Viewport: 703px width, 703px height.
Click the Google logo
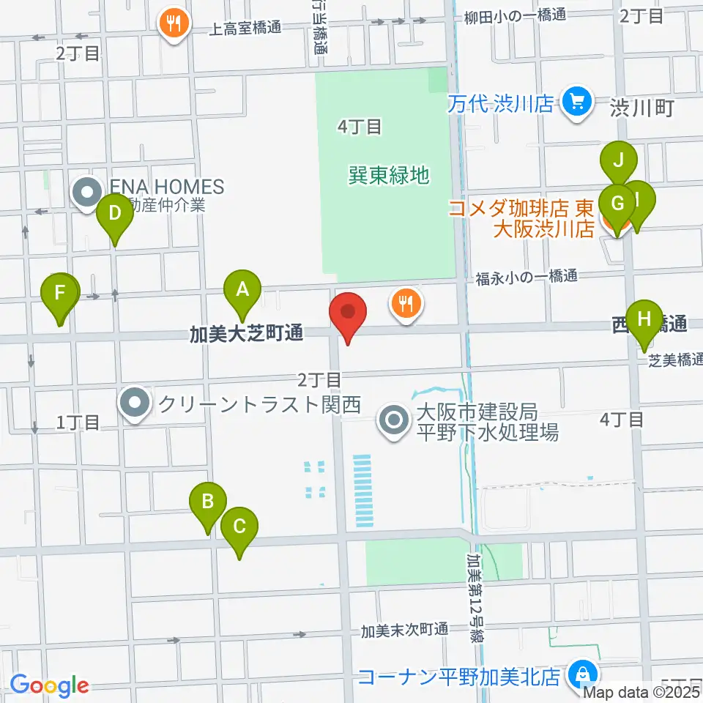point(49,686)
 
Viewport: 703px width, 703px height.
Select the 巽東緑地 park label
point(388,175)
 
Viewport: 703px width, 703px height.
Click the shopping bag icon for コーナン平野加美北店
point(581,674)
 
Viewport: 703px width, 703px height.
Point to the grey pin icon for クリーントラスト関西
point(135,403)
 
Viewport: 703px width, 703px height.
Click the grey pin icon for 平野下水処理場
point(395,420)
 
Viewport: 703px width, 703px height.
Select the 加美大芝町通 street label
point(246,334)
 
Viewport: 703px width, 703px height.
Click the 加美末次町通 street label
point(404,630)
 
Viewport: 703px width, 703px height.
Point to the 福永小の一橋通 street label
point(526,277)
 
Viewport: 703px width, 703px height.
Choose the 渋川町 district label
point(641,108)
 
